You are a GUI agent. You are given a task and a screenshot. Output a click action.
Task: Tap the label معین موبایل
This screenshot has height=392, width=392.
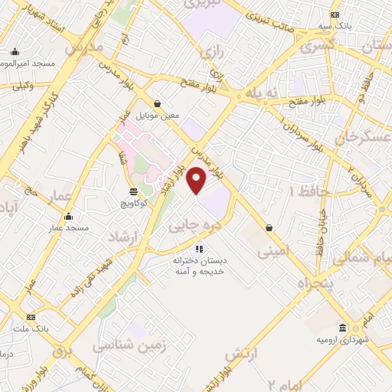(x=158, y=116)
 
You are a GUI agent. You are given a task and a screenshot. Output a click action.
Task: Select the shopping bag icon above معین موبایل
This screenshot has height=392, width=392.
(x=158, y=104)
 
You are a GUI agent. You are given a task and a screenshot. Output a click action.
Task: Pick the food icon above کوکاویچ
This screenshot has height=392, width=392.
(x=134, y=191)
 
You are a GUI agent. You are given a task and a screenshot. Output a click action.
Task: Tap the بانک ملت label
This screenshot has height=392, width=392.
(x=31, y=328)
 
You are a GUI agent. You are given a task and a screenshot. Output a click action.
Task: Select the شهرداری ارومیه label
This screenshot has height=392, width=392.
(x=344, y=339)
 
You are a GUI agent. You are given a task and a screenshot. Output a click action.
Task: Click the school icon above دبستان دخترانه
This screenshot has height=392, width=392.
(x=199, y=249)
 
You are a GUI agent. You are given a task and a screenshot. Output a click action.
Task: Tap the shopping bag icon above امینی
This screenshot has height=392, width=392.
(x=269, y=227)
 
